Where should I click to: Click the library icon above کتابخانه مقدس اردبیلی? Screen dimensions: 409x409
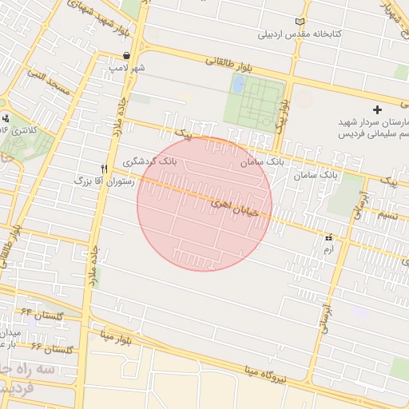300,22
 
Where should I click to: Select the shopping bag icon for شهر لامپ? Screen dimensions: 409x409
127,55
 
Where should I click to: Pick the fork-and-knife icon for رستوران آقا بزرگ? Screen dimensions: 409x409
104,169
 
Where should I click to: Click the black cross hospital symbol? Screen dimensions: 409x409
378,109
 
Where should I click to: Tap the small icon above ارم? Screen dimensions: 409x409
328,238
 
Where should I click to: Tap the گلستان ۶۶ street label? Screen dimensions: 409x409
53,348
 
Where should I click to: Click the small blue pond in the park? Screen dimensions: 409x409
238,83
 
